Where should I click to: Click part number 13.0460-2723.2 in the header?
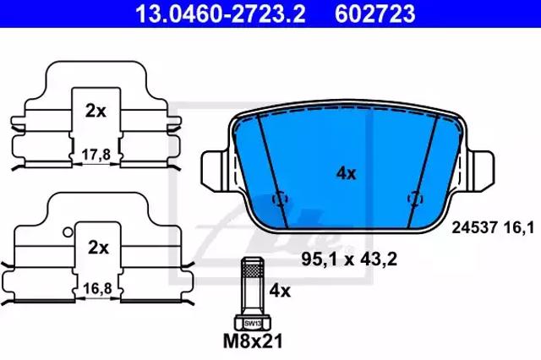pos(221,14)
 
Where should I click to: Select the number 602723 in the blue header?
pos(375,14)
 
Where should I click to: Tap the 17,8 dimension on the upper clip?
pos(96,155)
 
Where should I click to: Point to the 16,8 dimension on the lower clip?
pos(98,289)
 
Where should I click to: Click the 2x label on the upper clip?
pos(96,111)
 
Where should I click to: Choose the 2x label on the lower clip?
pos(98,248)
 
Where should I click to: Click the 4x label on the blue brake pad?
pos(346,173)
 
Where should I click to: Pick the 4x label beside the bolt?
pos(280,292)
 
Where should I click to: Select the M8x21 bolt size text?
pos(253,341)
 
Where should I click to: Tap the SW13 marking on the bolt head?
pos(253,324)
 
